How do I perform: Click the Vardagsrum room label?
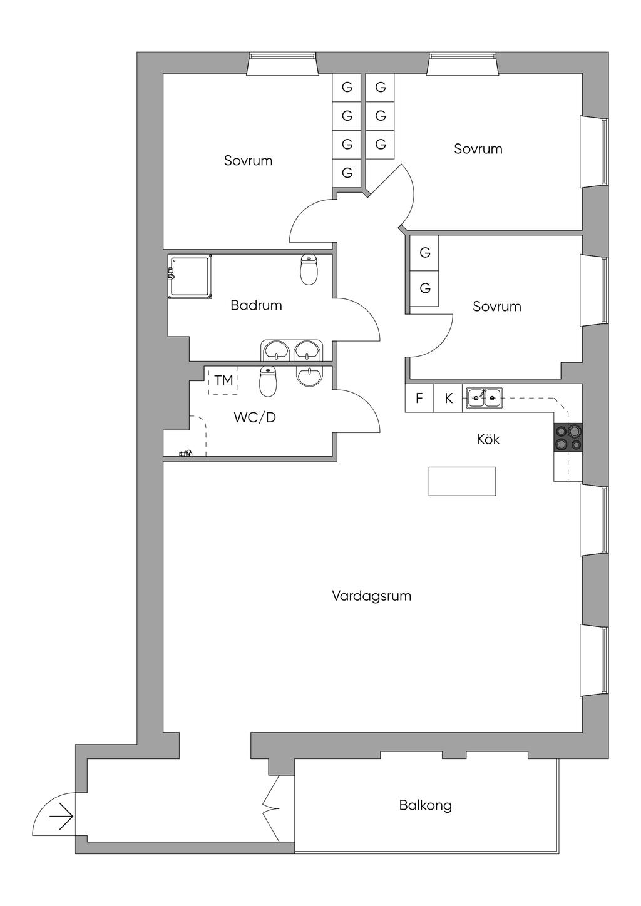point(371,596)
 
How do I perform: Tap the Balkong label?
point(425,805)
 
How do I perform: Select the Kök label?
point(488,439)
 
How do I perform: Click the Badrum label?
point(256,305)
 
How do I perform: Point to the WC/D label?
point(254,417)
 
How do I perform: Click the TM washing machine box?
point(223,380)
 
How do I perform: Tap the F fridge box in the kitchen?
point(419,398)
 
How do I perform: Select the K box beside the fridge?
point(448,398)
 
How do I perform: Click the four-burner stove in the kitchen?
point(568,437)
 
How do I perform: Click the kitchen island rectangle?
point(462,481)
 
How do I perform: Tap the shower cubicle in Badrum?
point(190,275)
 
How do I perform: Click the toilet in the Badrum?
point(309,270)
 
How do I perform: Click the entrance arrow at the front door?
point(63,817)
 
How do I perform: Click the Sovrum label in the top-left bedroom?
point(248,161)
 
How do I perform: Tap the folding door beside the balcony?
point(272,807)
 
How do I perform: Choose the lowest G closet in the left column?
point(347,173)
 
